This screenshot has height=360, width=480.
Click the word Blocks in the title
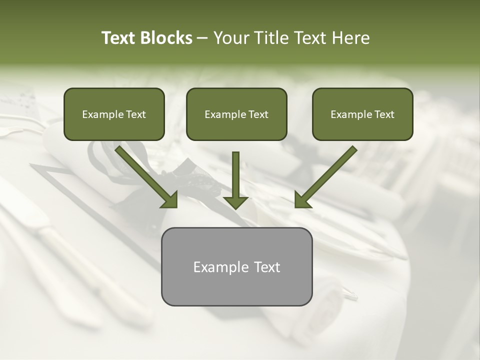(x=167, y=38)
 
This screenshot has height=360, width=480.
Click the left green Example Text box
(x=114, y=114)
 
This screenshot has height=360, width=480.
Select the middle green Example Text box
(x=236, y=114)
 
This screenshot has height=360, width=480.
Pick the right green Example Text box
(x=362, y=114)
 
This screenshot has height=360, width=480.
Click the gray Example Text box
(x=236, y=266)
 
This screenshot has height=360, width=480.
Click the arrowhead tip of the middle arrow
(x=235, y=206)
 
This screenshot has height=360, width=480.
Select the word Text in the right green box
(x=384, y=114)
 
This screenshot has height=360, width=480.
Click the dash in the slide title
(x=202, y=38)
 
